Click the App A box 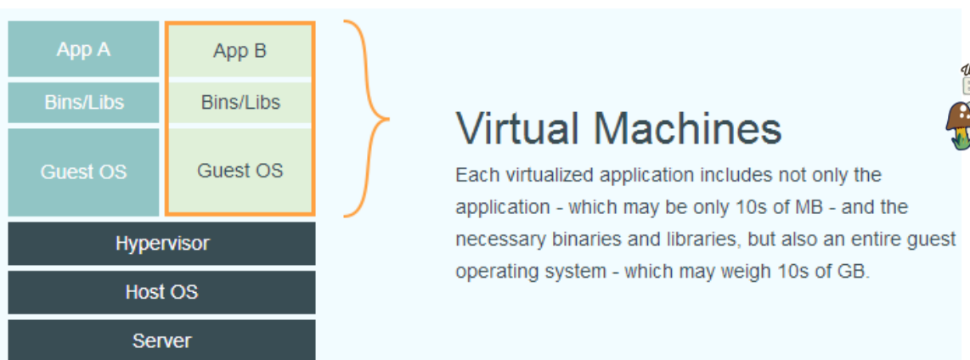tap(83, 49)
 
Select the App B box tap(240, 51)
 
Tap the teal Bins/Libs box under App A tap(83, 103)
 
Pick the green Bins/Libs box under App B tap(240, 103)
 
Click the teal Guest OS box tap(83, 172)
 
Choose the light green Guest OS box tap(240, 171)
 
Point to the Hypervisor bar tap(161, 244)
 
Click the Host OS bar tap(161, 292)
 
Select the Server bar tap(161, 340)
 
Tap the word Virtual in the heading tap(517, 129)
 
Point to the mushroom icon tap(958, 124)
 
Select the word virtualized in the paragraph tap(550, 176)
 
